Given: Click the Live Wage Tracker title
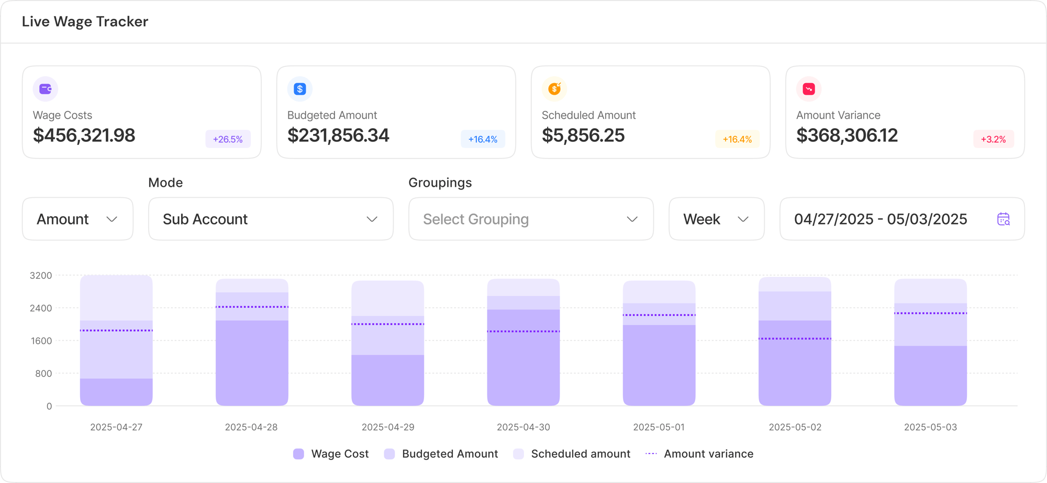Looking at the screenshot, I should coord(85,21).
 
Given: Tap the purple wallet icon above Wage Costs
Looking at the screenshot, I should coord(46,89).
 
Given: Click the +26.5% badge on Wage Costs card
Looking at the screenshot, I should coord(228,139).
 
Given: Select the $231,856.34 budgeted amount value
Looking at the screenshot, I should coord(338,136).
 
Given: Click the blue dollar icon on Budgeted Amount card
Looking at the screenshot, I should coord(300,89).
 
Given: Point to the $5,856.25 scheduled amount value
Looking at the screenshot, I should coord(583,136).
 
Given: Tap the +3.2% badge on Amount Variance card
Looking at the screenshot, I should coord(993,139).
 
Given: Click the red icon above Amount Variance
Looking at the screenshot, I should coord(809,89).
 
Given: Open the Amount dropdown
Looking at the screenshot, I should coord(77,219).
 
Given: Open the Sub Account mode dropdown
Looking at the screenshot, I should coord(271,219).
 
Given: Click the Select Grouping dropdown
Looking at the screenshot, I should coord(531,219).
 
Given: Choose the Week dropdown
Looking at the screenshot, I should coord(716,219).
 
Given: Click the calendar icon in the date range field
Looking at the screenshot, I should coord(1003,219).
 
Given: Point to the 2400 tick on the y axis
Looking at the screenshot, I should coord(41,308).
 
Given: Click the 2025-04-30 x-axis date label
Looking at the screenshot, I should coord(523,427).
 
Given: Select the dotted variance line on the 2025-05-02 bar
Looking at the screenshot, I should coord(795,339).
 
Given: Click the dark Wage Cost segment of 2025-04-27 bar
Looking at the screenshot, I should coord(116,392).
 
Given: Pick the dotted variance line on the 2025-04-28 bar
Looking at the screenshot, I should coord(252,307).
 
